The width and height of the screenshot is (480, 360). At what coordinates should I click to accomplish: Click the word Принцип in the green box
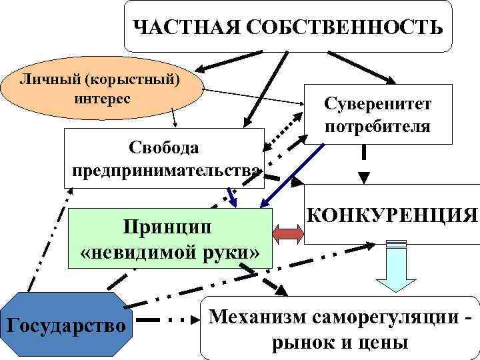(x=168, y=227)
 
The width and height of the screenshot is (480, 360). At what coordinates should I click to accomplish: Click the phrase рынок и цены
(x=339, y=343)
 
